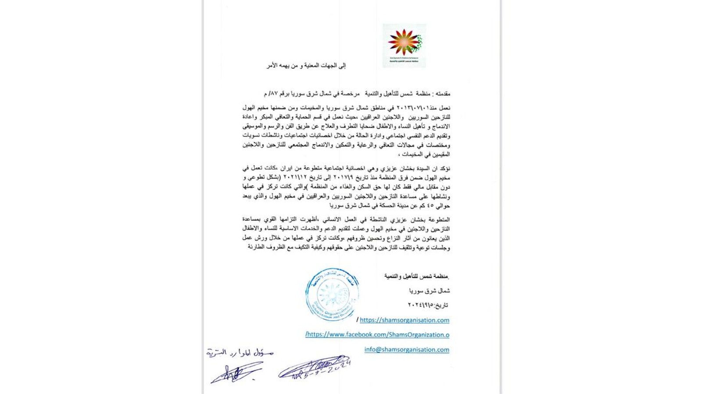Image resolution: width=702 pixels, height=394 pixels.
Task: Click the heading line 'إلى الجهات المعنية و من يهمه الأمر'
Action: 306,66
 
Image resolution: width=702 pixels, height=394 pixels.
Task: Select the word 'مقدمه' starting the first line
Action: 442,94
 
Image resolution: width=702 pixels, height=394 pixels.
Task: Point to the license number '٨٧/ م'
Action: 272,94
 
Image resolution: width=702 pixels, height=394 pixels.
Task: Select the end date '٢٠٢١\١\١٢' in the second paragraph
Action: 297,177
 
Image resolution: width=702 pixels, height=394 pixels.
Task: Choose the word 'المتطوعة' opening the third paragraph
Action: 438,220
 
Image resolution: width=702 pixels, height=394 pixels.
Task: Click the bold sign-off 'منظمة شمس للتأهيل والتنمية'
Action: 416,277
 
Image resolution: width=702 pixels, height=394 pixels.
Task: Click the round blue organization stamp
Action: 332,295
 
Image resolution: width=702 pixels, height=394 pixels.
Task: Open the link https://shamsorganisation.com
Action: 404,320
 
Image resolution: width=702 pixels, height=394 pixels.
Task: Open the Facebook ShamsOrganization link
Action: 377,335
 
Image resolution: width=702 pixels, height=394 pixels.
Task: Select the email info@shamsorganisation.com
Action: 407,350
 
